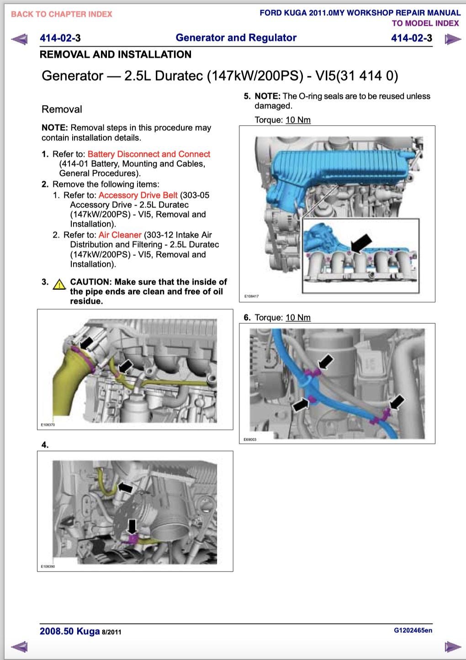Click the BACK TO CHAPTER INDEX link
click(61, 14)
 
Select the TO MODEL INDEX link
click(425, 23)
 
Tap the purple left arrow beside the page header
click(19, 39)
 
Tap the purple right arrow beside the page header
click(452, 39)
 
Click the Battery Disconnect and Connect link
click(148, 154)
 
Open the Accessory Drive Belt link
click(138, 195)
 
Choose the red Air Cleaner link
click(120, 235)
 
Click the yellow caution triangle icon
click(59, 285)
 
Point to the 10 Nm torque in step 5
click(298, 120)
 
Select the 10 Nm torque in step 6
click(298, 318)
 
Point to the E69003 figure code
click(250, 440)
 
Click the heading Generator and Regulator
click(236, 38)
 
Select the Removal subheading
click(62, 110)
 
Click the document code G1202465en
click(413, 630)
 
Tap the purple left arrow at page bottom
click(19, 646)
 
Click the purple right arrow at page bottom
click(452, 646)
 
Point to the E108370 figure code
click(48, 425)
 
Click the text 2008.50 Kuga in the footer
click(69, 631)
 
